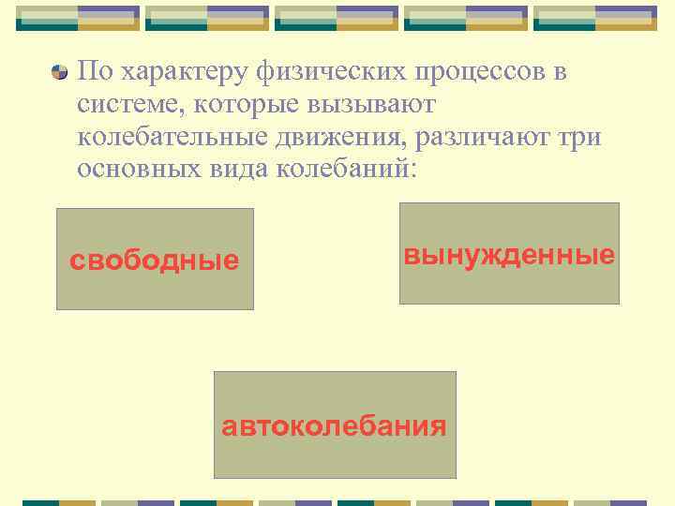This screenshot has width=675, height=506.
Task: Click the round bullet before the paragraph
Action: (x=60, y=72)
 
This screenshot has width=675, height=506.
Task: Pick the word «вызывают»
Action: (x=357, y=106)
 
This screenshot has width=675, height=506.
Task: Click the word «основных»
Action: (x=137, y=171)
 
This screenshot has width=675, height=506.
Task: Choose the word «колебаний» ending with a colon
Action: (x=346, y=171)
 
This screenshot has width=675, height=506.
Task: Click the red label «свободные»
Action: (x=155, y=260)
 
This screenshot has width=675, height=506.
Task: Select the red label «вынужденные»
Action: (x=509, y=255)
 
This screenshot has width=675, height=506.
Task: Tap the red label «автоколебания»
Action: (x=334, y=427)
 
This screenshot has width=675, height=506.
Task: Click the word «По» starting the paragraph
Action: (x=95, y=72)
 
